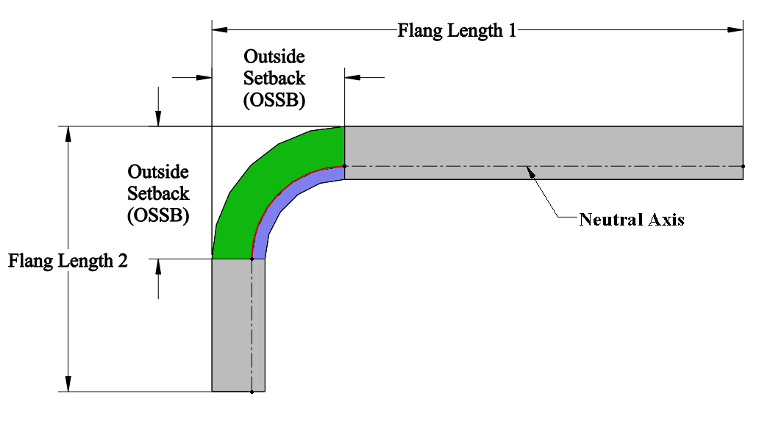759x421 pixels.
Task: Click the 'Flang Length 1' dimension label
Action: click(x=457, y=30)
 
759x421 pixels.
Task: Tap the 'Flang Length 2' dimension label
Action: click(x=68, y=261)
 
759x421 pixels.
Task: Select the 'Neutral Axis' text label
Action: click(x=632, y=220)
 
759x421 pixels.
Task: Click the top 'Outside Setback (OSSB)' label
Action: click(x=274, y=79)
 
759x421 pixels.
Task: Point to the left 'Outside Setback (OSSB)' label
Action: click(x=158, y=193)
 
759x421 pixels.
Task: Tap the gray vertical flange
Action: click(x=238, y=325)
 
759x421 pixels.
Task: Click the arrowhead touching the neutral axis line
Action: click(x=531, y=172)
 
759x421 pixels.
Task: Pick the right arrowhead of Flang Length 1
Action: click(x=735, y=30)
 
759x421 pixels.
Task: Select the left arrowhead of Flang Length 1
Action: click(x=220, y=30)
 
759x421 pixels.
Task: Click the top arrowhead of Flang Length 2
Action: click(x=68, y=134)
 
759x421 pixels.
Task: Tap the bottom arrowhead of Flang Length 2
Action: click(x=68, y=384)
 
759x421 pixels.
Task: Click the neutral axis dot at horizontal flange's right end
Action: click(x=743, y=166)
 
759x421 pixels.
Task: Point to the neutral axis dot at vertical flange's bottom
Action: click(x=252, y=392)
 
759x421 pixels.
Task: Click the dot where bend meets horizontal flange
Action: click(x=345, y=166)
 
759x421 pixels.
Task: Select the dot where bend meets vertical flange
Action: click(x=252, y=259)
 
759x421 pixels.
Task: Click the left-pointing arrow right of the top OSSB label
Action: click(x=365, y=77)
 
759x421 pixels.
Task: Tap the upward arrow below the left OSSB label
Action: click(x=158, y=279)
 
